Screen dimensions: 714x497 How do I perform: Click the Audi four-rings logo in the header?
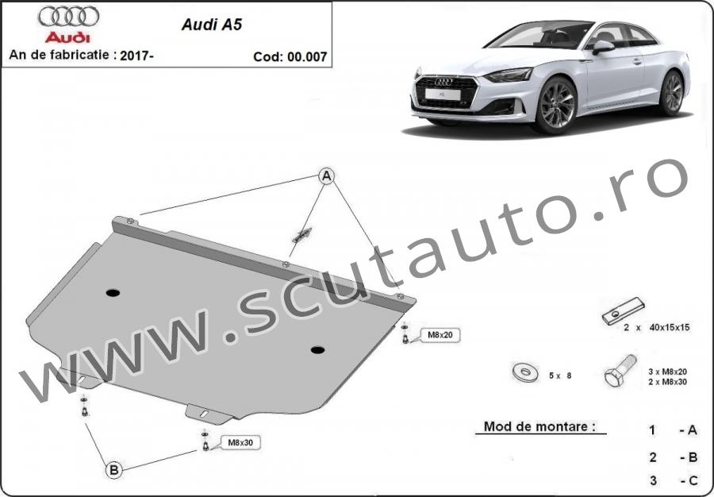pyautogui.click(x=68, y=17)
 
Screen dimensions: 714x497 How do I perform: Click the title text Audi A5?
pyautogui.click(x=212, y=25)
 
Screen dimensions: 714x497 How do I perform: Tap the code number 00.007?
pyautogui.click(x=306, y=56)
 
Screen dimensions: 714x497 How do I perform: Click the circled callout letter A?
pyautogui.click(x=326, y=175)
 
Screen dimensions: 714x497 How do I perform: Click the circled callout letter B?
pyautogui.click(x=113, y=470)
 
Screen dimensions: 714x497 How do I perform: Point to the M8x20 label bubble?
pyautogui.click(x=440, y=335)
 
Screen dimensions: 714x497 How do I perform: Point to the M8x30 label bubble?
pyautogui.click(x=240, y=442)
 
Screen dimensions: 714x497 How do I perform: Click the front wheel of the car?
pyautogui.click(x=556, y=105)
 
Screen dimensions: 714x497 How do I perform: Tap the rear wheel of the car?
pyautogui.click(x=672, y=93)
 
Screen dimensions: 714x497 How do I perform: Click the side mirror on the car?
pyautogui.click(x=603, y=47)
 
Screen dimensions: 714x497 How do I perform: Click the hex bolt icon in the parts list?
pyautogui.click(x=620, y=371)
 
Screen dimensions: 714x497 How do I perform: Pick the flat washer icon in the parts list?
pyautogui.click(x=525, y=372)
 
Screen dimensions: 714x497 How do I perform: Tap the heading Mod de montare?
pyautogui.click(x=539, y=427)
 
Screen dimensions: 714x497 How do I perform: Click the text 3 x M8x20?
pyautogui.click(x=667, y=372)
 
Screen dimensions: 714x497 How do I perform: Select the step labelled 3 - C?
pyautogui.click(x=674, y=480)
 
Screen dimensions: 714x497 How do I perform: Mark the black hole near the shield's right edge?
pyautogui.click(x=318, y=350)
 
